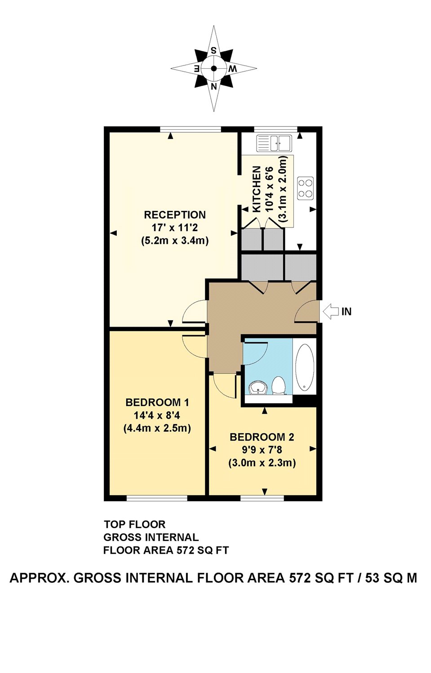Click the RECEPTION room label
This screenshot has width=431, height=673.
[x=174, y=215]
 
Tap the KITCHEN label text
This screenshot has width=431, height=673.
[x=257, y=189]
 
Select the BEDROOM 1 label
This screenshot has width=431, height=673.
[x=157, y=402]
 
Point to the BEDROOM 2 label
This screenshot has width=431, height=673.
[x=262, y=437]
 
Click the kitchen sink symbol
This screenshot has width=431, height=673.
[x=274, y=143]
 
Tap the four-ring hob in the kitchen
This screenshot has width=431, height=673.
[x=306, y=188]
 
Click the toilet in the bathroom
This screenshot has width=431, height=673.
[x=279, y=385]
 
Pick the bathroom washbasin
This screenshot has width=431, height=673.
[x=258, y=387]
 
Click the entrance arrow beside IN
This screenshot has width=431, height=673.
[x=331, y=311]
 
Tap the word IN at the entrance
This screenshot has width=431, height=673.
[x=347, y=312]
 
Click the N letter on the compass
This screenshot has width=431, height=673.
[x=214, y=86]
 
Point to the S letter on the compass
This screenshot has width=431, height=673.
[x=214, y=51]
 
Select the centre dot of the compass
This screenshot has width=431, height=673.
[x=214, y=69]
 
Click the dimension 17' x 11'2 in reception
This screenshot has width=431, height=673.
[x=174, y=228]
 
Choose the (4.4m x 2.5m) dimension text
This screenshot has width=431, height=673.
[x=157, y=428]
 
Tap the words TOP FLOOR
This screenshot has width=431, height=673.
[x=134, y=524]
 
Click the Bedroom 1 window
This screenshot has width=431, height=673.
[x=156, y=498]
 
